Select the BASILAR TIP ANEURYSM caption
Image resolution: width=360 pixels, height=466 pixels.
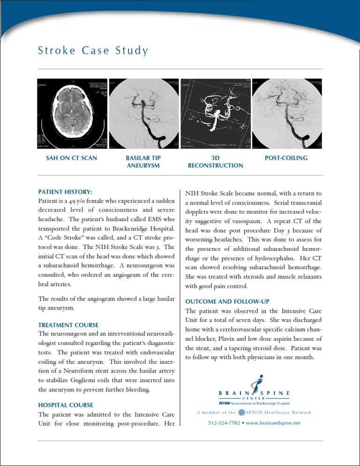[143, 162]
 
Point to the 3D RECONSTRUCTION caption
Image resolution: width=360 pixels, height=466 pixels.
[215, 162]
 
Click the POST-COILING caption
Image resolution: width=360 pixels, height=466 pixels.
[286, 158]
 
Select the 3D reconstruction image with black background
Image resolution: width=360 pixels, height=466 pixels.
[215, 114]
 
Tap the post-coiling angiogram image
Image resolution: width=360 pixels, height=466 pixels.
[287, 114]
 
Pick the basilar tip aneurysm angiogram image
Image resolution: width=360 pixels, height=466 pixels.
[143, 114]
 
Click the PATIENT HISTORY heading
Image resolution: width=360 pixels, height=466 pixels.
[64, 192]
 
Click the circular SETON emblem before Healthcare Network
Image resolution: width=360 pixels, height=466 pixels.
[241, 413]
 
